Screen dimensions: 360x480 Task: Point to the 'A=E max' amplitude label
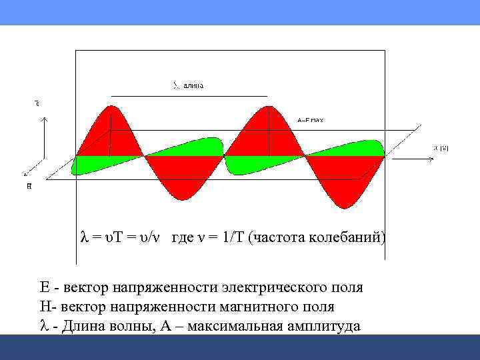[x=310, y=120]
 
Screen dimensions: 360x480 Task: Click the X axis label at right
[x=441, y=148]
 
